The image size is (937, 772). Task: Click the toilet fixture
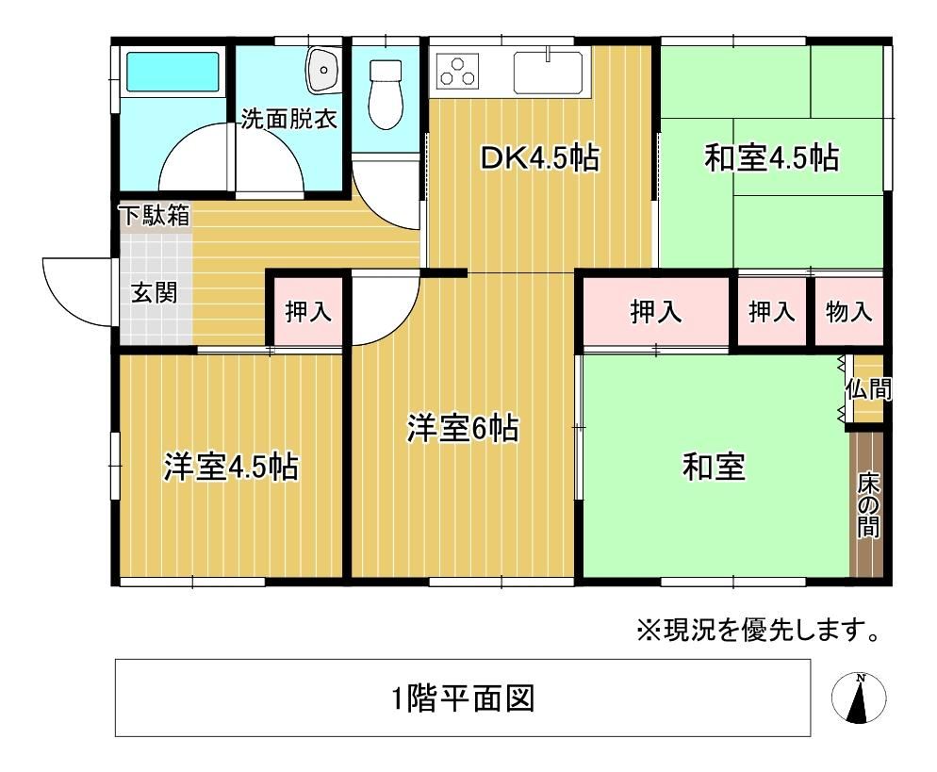(x=386, y=94)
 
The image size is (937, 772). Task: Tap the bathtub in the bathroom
(x=173, y=72)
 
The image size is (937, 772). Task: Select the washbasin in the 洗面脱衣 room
(x=322, y=70)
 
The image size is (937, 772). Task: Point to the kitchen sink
(x=548, y=73)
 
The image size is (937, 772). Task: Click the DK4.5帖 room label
(x=539, y=159)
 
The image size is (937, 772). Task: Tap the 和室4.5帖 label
(x=771, y=158)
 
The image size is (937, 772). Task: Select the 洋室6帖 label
(x=463, y=428)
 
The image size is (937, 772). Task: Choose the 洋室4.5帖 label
(x=231, y=467)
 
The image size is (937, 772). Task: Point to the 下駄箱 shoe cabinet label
(x=155, y=215)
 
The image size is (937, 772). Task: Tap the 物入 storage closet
(x=848, y=311)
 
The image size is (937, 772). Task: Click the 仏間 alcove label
(x=868, y=389)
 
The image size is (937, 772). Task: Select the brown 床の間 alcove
(x=866, y=503)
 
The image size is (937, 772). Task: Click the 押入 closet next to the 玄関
(x=308, y=311)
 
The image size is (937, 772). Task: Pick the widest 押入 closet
(x=655, y=311)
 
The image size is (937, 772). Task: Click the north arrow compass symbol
(x=859, y=698)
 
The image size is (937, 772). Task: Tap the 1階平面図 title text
(x=463, y=698)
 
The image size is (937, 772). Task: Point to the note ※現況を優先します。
(x=758, y=630)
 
